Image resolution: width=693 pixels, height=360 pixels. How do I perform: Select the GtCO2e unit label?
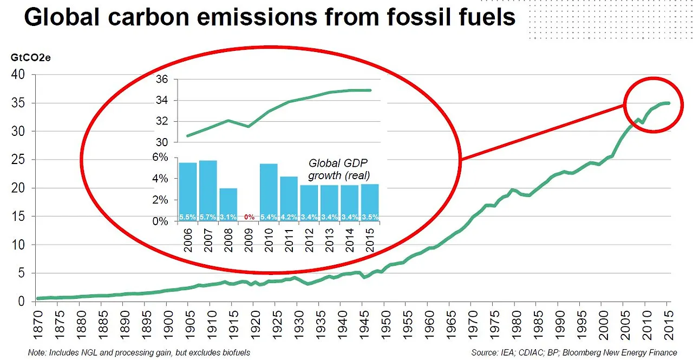28,57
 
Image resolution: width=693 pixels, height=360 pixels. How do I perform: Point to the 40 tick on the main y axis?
18,75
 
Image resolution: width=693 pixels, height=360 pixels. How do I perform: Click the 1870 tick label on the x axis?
38,323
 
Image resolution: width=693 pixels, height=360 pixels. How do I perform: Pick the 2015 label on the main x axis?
669,323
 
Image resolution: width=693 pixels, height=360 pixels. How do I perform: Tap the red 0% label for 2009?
249,217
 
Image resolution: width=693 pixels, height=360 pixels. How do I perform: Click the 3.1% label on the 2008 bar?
228,217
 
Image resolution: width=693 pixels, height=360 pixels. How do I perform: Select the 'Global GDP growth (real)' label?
338,169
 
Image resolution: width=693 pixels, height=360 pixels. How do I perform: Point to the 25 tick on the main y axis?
18,160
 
